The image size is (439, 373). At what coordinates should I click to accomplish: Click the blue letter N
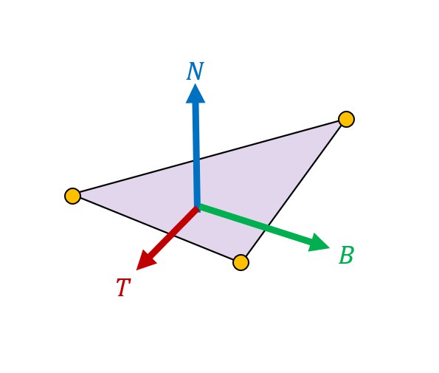coord(195,71)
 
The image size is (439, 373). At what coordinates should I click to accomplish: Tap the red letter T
coord(123,287)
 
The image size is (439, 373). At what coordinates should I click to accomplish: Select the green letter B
coord(346,255)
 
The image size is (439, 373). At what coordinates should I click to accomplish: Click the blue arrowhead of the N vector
coord(196,94)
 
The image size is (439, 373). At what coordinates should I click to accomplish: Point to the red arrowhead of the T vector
coord(146,261)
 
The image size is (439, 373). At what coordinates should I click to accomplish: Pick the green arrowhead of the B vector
coord(319,243)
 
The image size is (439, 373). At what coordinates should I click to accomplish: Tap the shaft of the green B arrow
coord(255,224)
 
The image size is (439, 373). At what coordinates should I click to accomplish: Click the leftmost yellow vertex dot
coord(72,196)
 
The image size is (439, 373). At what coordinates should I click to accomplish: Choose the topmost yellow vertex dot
coord(346,119)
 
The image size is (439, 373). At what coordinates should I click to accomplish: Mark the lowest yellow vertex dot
coord(241,263)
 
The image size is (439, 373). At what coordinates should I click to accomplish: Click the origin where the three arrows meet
coord(198,208)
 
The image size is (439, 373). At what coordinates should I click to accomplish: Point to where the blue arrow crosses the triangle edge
coord(196,160)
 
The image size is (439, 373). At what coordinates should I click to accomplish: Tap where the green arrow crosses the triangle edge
coord(267,227)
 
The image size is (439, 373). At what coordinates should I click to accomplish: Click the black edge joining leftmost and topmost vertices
coord(210,157)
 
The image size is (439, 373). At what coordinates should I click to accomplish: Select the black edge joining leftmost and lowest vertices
coord(156,229)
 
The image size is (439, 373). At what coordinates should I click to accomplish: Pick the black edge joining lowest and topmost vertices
coord(294,191)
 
